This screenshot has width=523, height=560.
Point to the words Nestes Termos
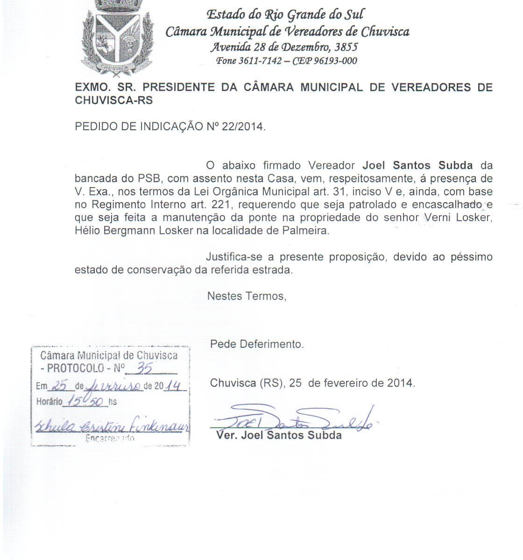pos(246,296)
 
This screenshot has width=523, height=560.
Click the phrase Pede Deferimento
pos(257,344)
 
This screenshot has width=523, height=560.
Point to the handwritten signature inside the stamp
pos(110,426)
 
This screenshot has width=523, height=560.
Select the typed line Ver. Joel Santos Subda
pos(279,435)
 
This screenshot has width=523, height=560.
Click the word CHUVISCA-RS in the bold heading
pos(113,100)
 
